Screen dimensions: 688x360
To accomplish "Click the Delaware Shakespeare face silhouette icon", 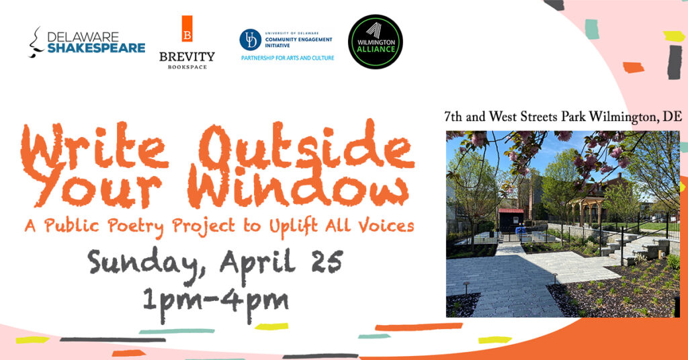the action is pos(36,42).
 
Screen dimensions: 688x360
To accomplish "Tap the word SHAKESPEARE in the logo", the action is pos(96,48).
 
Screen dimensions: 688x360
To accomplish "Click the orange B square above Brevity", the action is pos(187,29).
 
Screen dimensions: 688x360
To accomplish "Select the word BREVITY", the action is pos(187,56).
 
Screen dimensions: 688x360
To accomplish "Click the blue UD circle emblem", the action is pos(250,40).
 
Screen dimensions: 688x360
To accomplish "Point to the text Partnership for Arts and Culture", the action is pos(288,58).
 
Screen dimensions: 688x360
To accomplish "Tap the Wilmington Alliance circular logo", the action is pos(375,42).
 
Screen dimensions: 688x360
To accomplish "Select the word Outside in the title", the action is pos(307,147).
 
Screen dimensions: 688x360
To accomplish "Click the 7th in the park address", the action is pos(453,117).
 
